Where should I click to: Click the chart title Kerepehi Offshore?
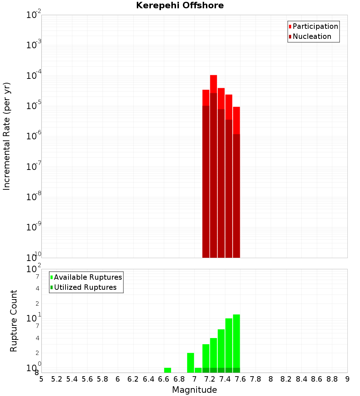click(180, 5)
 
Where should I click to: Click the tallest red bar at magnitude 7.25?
click(213, 166)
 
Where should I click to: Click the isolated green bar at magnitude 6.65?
click(167, 370)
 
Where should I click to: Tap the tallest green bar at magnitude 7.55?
click(237, 342)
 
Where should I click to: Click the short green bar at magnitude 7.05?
click(198, 370)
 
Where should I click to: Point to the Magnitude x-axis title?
click(194, 390)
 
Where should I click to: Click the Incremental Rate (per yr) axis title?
click(7, 136)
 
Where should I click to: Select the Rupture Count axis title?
click(13, 321)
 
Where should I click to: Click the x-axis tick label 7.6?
click(240, 379)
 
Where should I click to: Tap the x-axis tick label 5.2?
click(57, 379)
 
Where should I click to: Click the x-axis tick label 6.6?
click(164, 379)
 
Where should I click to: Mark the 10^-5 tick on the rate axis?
click(34, 106)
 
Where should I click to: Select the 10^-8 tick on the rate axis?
click(34, 197)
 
